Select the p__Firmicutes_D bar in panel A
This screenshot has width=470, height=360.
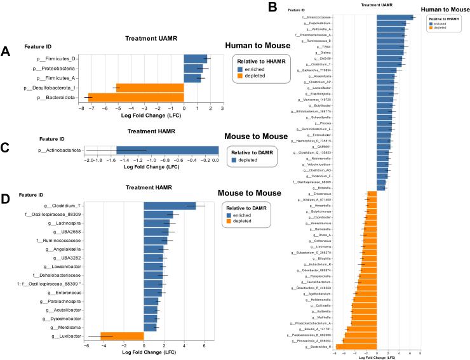(196, 58)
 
